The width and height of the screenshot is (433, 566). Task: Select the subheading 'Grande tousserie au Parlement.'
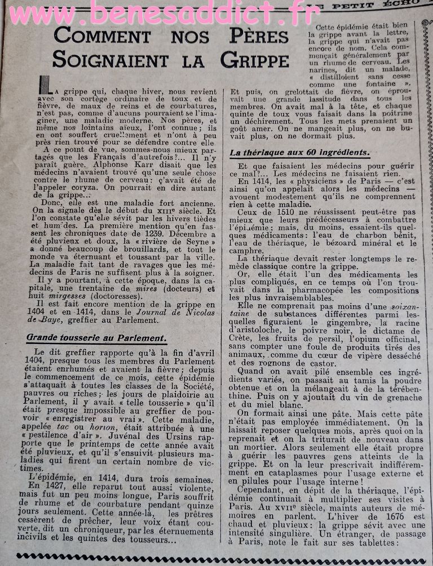click(96, 338)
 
